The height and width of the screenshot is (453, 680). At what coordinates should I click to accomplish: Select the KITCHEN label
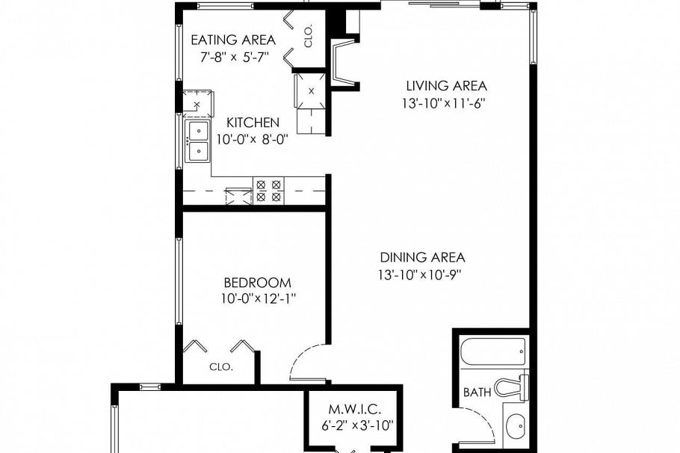[253, 123]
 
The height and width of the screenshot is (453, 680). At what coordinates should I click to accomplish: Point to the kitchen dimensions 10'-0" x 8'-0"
[253, 139]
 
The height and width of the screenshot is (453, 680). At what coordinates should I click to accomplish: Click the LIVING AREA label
[446, 86]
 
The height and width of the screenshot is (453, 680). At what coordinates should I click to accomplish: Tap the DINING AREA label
[422, 257]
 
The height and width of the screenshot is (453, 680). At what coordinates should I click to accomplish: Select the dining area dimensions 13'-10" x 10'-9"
[421, 274]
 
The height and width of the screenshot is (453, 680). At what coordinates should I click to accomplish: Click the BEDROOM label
[257, 283]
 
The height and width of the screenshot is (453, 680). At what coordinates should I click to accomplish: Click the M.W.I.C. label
[356, 410]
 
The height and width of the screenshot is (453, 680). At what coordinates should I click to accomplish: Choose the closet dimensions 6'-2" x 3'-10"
[356, 427]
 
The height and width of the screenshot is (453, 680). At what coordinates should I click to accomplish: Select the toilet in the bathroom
[514, 386]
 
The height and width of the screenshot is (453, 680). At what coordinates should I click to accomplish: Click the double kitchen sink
[198, 141]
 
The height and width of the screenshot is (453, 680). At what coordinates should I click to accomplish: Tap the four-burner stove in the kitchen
[269, 191]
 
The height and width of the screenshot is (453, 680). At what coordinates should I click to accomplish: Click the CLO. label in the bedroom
[221, 367]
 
